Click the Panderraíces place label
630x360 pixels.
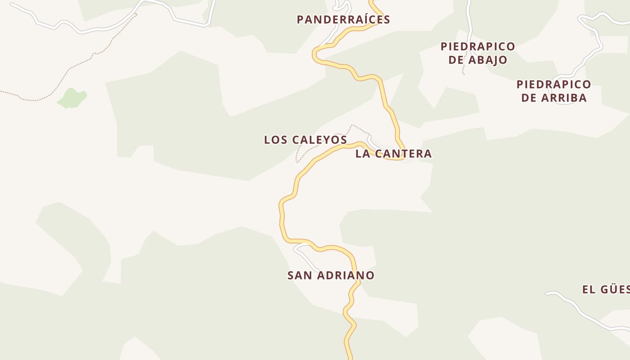click(x=343, y=20)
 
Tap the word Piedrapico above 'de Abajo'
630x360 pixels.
click(x=477, y=47)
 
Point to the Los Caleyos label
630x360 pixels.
click(x=305, y=140)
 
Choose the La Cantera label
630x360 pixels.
click(x=393, y=154)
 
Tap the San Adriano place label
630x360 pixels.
click(x=331, y=275)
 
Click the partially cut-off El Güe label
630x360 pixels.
click(x=606, y=289)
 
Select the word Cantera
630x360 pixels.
click(x=403, y=154)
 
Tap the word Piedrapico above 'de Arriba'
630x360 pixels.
click(x=553, y=85)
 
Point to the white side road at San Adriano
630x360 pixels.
click(x=306, y=256)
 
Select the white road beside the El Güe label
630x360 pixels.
click(x=580, y=310)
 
